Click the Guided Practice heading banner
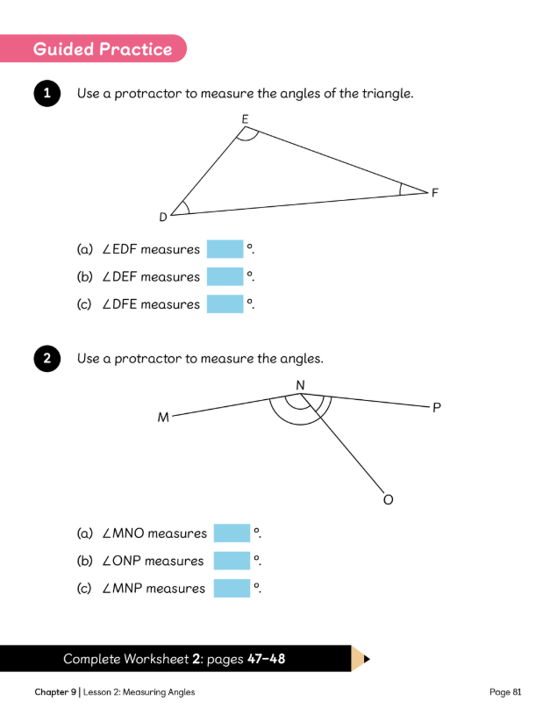[x=102, y=49]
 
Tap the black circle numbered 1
[x=46, y=94]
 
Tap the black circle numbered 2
[x=46, y=359]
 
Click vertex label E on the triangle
[x=245, y=118]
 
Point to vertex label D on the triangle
[x=163, y=217]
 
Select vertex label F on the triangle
[x=434, y=193]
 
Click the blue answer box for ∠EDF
[x=225, y=249]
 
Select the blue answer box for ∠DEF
[x=225, y=276]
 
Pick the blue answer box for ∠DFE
[x=225, y=304]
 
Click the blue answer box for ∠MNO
[x=232, y=533]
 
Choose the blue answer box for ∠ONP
[x=232, y=561]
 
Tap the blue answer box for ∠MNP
[x=232, y=588]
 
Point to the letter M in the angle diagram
[x=163, y=418]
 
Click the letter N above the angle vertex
[x=300, y=385]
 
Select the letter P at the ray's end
[x=437, y=408]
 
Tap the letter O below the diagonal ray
[x=388, y=500]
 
